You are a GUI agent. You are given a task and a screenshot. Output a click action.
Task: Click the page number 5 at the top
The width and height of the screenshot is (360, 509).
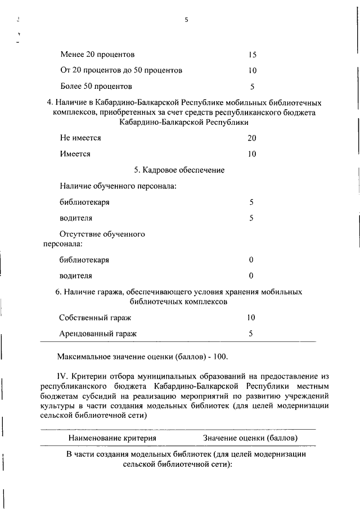186,20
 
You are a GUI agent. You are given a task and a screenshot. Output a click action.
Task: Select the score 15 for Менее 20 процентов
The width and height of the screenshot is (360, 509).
252,55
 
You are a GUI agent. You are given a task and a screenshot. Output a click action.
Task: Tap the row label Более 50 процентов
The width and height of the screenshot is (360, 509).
96,87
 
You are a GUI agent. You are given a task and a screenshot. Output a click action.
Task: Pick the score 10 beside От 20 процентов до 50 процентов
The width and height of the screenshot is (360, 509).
252,71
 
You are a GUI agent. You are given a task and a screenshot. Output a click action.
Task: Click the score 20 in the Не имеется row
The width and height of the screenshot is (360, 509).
251,138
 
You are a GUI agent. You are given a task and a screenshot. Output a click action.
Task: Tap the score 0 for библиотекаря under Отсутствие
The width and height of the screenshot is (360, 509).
251,260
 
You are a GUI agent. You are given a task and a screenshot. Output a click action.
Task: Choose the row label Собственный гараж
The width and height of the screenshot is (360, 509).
95,318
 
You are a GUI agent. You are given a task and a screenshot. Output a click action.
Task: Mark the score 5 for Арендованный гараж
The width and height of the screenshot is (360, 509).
251,334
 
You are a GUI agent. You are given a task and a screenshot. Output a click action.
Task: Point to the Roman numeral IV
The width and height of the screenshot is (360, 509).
62,375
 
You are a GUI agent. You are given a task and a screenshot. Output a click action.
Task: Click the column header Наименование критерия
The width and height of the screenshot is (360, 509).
112,438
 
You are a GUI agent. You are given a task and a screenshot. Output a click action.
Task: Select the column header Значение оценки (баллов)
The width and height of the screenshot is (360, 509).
250,438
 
